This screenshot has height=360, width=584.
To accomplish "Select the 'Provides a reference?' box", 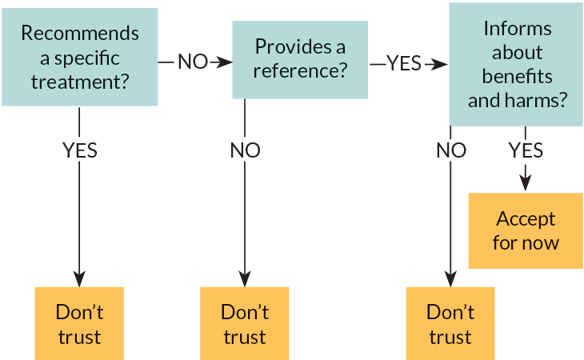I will coord(300,59).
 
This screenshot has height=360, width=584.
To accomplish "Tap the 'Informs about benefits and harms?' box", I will coord(516,64).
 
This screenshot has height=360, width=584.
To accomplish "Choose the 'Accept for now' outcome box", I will coord(525,230).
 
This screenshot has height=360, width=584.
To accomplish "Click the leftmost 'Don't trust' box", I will coord(79,322).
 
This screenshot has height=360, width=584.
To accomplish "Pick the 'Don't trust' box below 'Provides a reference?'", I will coord(244,322).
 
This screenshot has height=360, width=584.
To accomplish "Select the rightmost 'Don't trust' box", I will coord(450,322).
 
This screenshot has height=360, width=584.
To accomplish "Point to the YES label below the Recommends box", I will coord(79,150).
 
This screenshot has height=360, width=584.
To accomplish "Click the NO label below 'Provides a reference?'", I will coord(245,150).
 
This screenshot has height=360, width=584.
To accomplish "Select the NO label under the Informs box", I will coord(450,150).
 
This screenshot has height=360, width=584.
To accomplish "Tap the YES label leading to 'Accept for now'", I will coord(526,150).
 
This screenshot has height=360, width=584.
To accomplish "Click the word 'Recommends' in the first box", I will coord(79,34).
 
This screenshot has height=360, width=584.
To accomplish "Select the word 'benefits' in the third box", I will coord(518,77).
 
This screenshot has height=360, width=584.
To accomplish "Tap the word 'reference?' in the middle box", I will coord(301,70).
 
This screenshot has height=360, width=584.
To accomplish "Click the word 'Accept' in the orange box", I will coord(526,218).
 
